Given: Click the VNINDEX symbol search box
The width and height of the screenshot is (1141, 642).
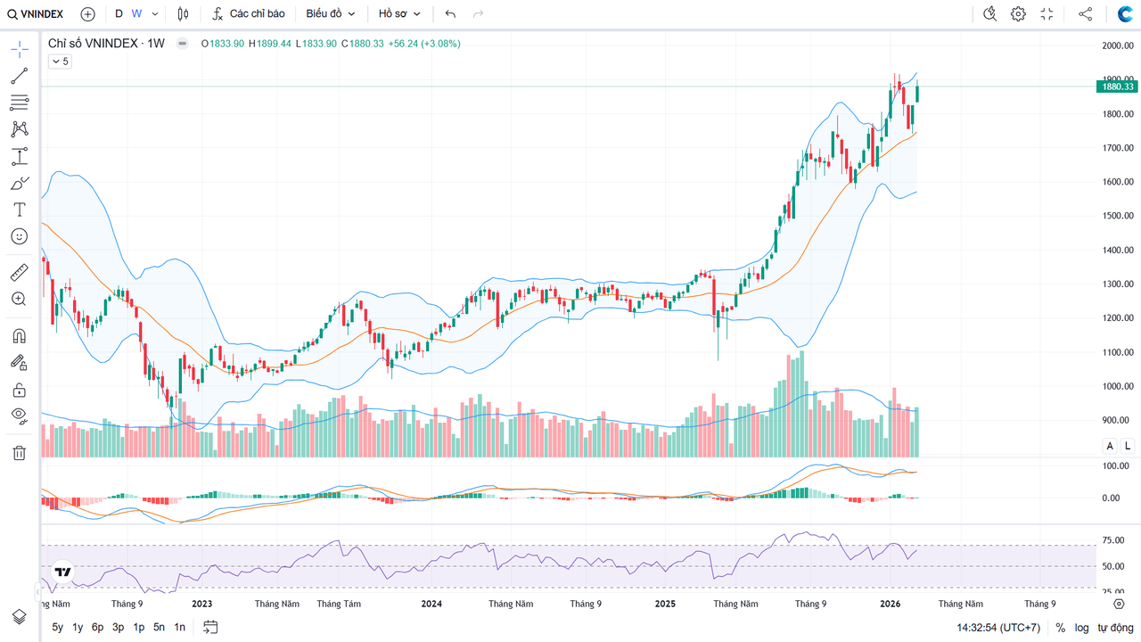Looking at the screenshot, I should (36, 13).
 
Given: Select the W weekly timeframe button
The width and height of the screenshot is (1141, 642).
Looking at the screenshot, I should (136, 13).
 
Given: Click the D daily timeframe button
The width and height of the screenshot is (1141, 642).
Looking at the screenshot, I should (119, 13).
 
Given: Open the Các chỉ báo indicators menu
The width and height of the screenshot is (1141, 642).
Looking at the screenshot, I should (249, 13).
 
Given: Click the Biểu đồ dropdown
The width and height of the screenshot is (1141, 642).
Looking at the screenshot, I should (330, 13).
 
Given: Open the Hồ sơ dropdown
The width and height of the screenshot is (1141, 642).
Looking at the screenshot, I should (398, 13).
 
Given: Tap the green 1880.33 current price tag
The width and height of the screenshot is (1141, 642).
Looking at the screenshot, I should (1116, 86).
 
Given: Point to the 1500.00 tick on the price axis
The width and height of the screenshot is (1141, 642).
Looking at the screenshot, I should (1117, 216).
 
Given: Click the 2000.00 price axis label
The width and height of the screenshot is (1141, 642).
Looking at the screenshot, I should (1117, 45).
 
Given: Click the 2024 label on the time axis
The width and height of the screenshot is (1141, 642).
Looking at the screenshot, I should (431, 604).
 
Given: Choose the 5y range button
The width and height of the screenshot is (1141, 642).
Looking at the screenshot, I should (58, 627).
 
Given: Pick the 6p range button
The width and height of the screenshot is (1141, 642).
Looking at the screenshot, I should (98, 627).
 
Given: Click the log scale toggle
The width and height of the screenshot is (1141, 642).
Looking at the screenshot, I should (1081, 628).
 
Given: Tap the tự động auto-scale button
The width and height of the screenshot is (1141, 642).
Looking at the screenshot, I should (1115, 628).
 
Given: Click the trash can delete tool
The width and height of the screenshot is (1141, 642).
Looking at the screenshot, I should (19, 453).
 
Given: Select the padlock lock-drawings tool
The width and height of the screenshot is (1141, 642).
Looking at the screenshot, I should (19, 390).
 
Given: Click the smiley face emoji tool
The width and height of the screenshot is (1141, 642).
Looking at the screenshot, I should (19, 236).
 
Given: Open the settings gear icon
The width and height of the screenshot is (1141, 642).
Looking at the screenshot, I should (1018, 13).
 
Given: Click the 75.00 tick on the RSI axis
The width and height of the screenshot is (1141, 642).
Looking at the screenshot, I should (1112, 540).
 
